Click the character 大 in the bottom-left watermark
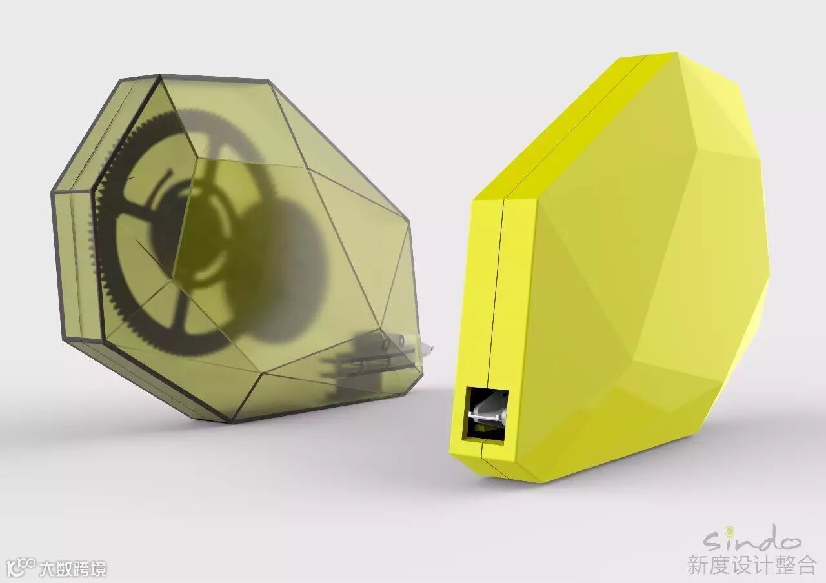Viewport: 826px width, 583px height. pos(48,568)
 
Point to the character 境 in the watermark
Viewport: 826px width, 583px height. pos(99,568)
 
